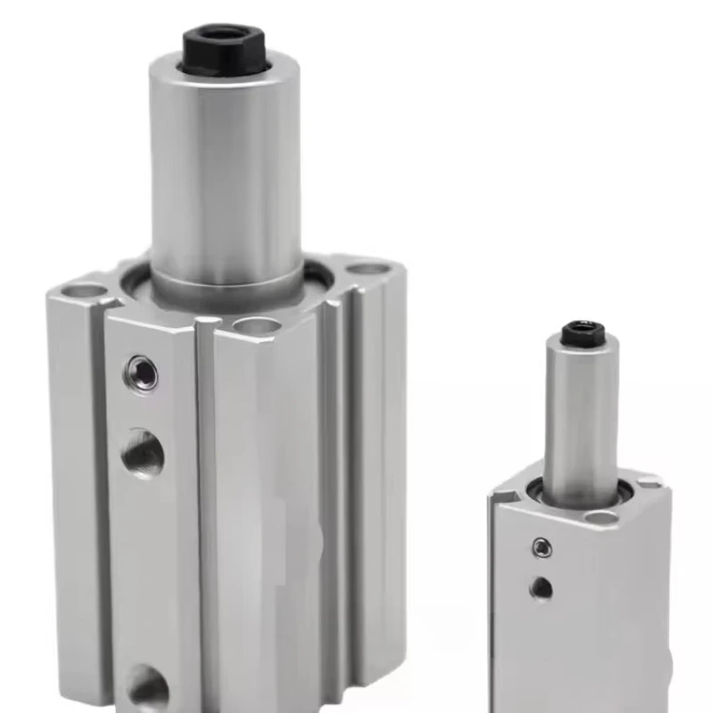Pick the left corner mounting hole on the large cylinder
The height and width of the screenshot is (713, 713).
pos(85,290)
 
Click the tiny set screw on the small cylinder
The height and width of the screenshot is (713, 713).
pos(541,547)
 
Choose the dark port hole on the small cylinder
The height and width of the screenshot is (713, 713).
pos(541,587)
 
